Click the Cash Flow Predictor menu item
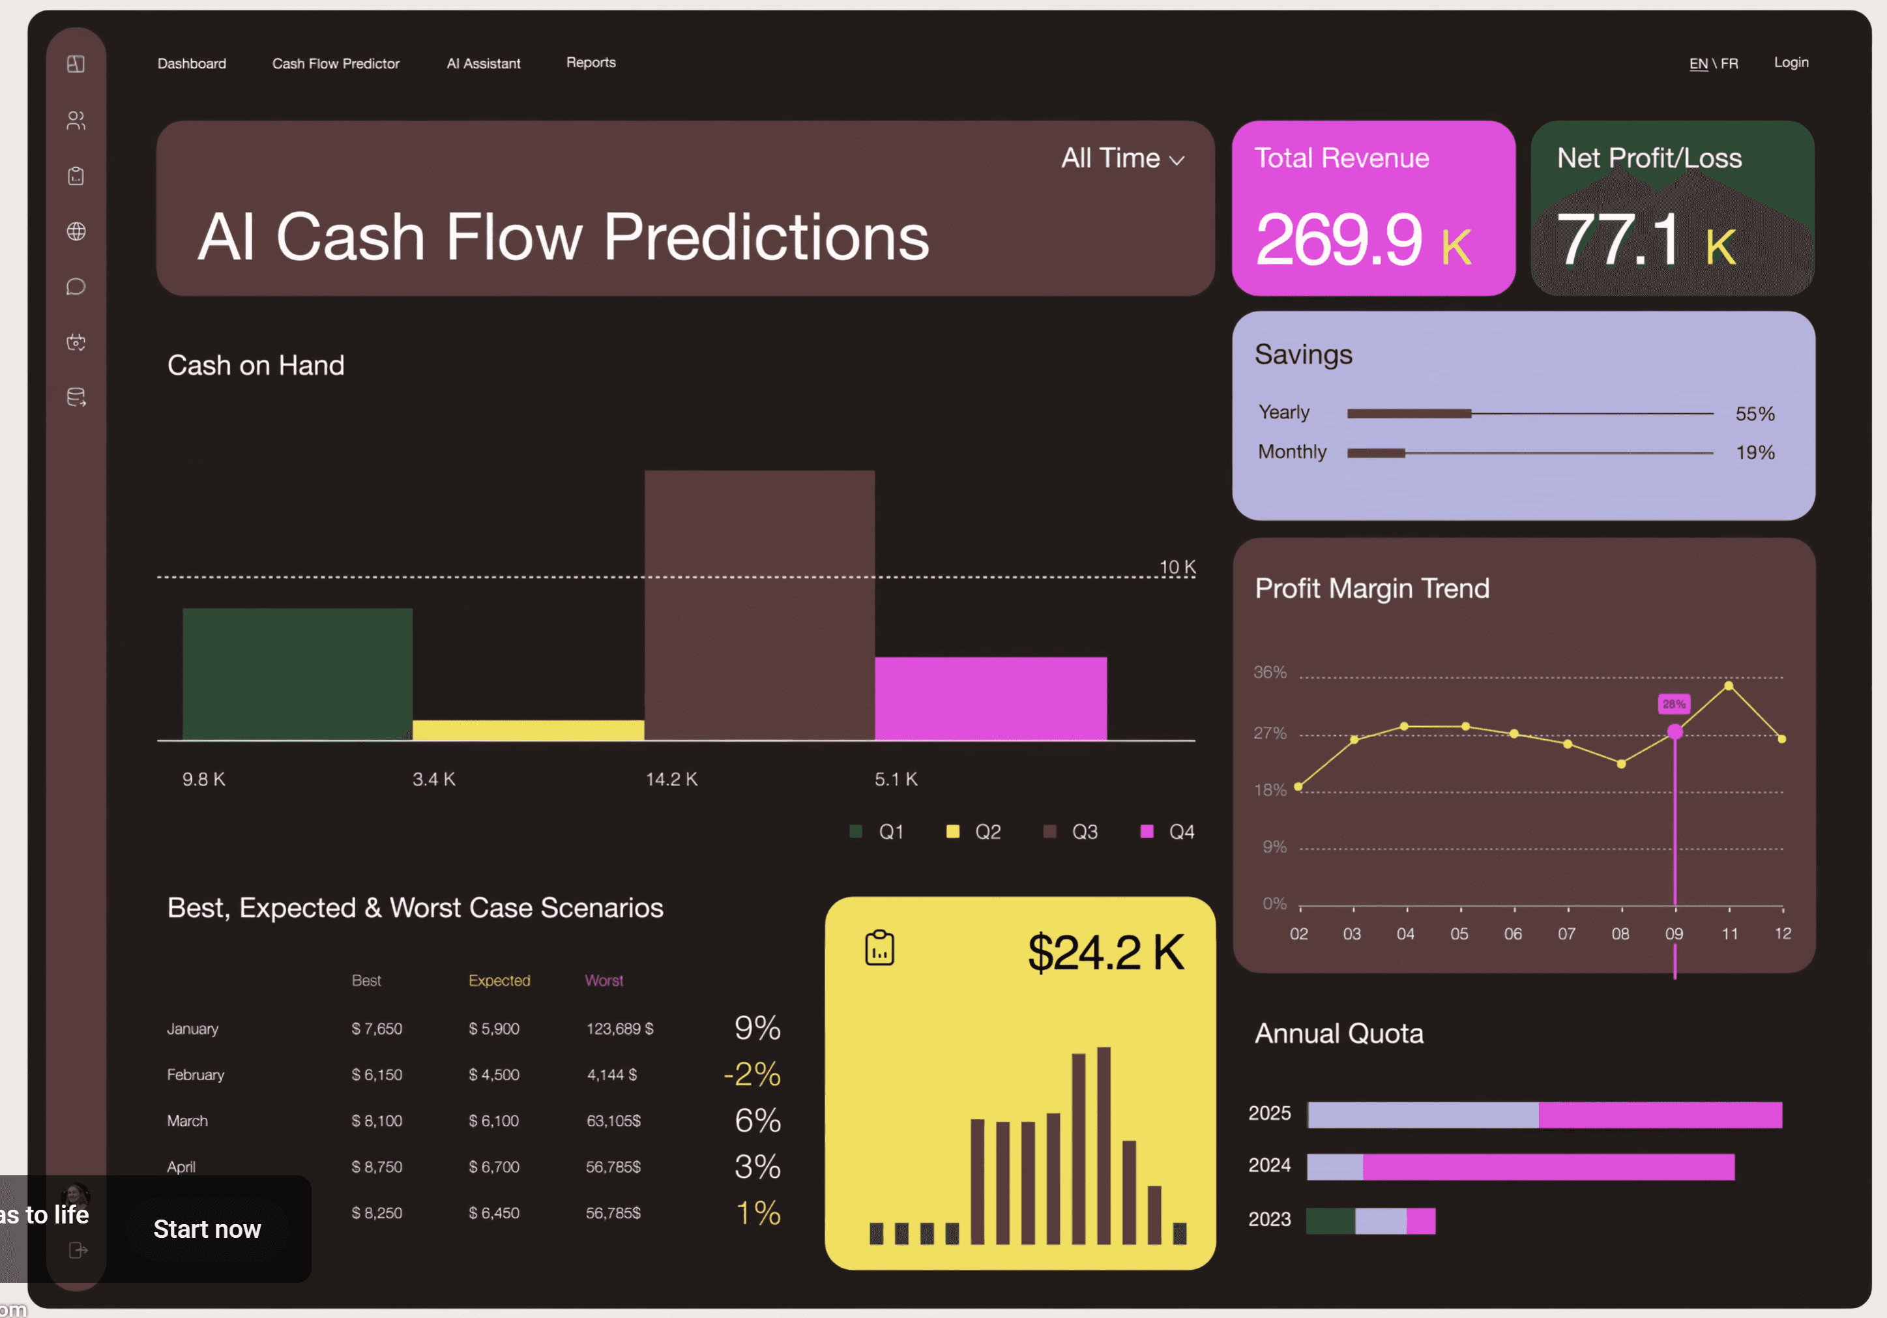tap(335, 63)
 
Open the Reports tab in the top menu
tap(591, 63)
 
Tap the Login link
tap(1791, 63)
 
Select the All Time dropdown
tap(1122, 158)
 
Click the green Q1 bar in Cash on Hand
tap(297, 674)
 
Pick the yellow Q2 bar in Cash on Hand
tap(529, 729)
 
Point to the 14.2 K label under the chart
tap(671, 779)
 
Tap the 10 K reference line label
tap(1177, 567)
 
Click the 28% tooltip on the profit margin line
tap(1674, 704)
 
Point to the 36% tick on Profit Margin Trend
tap(1270, 672)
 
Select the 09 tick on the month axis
tap(1674, 933)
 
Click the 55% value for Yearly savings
tap(1755, 413)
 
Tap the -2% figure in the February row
tap(752, 1074)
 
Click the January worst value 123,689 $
tap(620, 1029)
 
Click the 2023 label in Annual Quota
tap(1270, 1220)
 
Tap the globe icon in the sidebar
tap(76, 231)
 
